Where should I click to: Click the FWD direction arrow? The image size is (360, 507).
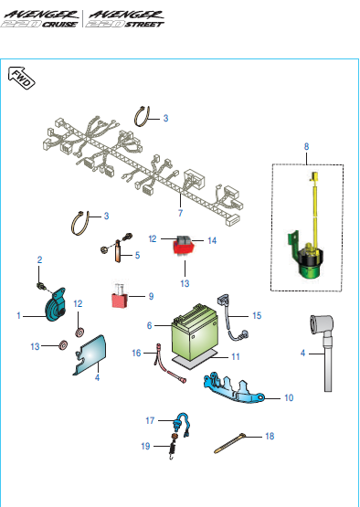(x=21, y=78)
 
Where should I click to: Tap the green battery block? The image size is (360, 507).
(x=195, y=333)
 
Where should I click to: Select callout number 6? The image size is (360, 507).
(x=149, y=325)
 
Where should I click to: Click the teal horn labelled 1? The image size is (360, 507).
(x=55, y=305)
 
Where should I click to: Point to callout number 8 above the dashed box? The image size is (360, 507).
(x=306, y=146)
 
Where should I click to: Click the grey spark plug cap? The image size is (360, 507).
(x=323, y=353)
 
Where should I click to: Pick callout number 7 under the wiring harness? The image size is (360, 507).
(x=180, y=213)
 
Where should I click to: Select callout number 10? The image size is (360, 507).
(x=289, y=397)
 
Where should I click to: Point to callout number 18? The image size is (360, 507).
(x=270, y=436)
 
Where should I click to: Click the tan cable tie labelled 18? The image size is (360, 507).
(x=229, y=443)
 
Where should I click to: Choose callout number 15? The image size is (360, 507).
(x=257, y=315)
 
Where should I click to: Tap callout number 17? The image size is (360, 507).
(x=150, y=420)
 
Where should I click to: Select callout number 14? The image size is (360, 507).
(x=212, y=240)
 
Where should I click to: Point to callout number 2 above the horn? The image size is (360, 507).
(x=39, y=259)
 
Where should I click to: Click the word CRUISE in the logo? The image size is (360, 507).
(x=59, y=25)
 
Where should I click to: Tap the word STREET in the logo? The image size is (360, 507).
(x=144, y=25)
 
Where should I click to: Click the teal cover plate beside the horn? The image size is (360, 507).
(x=89, y=355)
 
